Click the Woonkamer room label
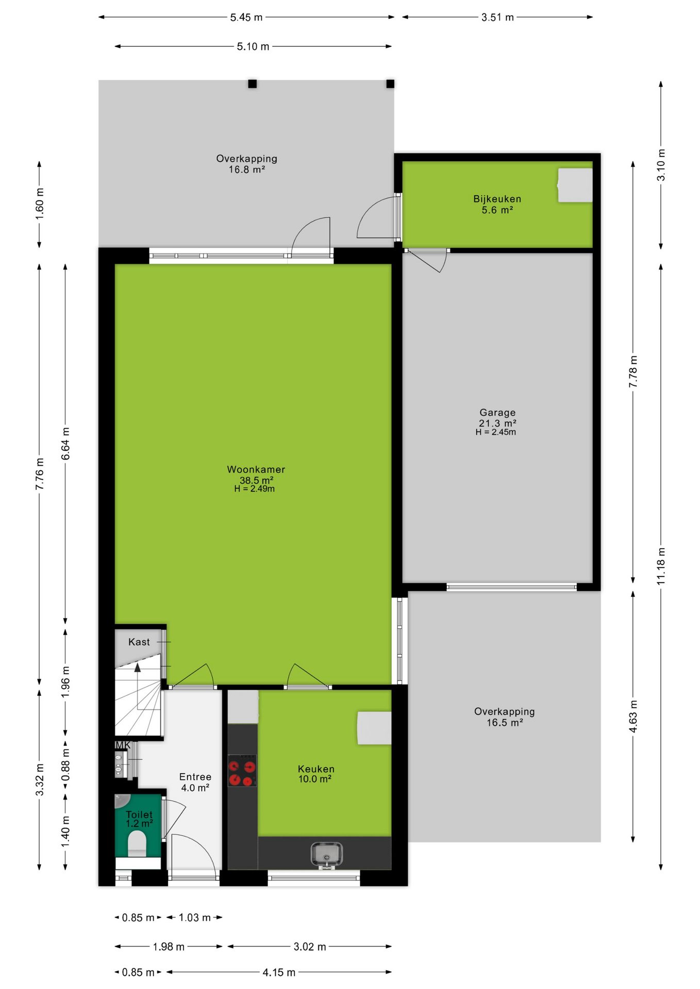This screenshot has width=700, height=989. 256,469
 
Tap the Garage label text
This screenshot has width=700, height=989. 497,413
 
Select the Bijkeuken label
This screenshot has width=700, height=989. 497,199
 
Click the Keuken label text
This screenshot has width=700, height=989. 316,769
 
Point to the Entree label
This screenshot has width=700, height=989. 195,777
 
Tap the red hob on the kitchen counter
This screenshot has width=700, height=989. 242,771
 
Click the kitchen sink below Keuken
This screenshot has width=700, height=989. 326,855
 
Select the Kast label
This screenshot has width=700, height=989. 139,642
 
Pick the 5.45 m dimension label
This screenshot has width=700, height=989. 246,17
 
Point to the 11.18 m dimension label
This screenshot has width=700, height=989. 661,566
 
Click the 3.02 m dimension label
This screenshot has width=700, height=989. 310,947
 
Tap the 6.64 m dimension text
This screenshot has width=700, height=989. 65,444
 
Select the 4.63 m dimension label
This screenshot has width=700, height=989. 633,716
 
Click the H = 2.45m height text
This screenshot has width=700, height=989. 496,432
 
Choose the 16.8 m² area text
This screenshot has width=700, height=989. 247,169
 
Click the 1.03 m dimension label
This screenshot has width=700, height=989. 195,917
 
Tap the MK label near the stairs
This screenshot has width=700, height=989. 123,745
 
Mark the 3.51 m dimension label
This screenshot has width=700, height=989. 497,17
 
